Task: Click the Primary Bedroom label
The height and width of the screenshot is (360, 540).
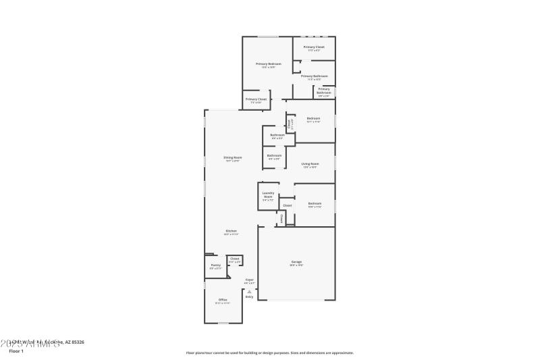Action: [x=268, y=63]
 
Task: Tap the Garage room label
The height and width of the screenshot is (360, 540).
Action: [x=296, y=261]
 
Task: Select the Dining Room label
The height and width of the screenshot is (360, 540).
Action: [x=233, y=157]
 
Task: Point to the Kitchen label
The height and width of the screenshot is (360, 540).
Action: [x=231, y=231]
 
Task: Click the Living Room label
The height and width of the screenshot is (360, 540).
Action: [x=310, y=163]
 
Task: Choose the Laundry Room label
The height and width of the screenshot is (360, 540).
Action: [x=268, y=195]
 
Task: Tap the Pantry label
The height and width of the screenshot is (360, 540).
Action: [x=215, y=265]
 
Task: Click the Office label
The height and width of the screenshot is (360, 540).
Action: [x=222, y=299]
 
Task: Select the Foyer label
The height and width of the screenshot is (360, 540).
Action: [x=249, y=280]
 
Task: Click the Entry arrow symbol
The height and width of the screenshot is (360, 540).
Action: [x=249, y=291]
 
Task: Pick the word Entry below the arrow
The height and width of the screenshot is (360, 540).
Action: [x=249, y=297]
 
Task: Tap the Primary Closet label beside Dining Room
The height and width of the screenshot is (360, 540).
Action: [x=256, y=99]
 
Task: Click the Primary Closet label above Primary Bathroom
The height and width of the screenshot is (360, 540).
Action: [x=314, y=47]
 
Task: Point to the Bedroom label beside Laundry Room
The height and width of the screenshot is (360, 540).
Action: [x=315, y=203]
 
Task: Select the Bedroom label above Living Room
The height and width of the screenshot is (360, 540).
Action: [x=313, y=118]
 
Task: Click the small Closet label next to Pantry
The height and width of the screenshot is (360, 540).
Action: [x=234, y=259]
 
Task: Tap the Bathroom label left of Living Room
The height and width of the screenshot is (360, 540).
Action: [x=274, y=155]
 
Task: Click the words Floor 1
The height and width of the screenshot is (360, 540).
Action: [x=16, y=351]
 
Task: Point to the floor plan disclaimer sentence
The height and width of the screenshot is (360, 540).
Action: [x=269, y=353]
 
